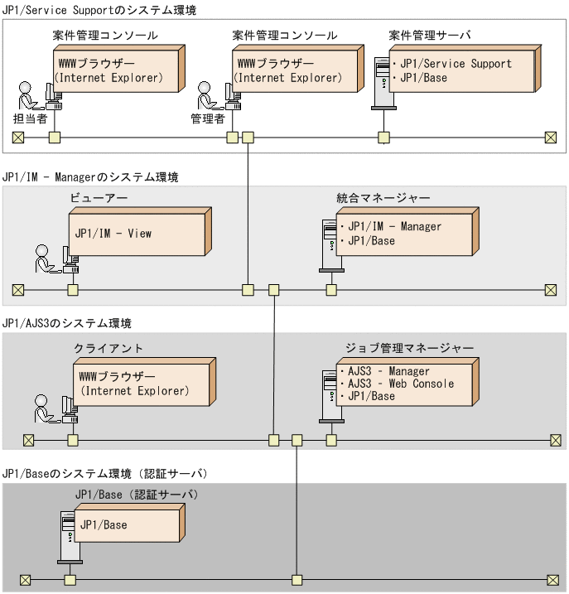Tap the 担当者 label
tap(29, 118)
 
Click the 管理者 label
tap(208, 118)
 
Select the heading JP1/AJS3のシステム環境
tap(67, 322)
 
